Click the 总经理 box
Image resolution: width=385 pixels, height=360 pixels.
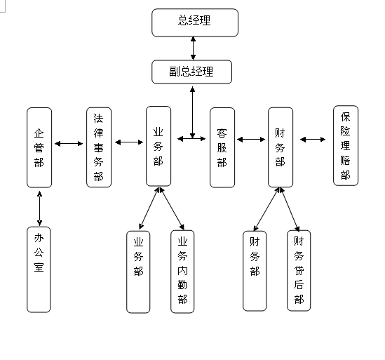coord(195,22)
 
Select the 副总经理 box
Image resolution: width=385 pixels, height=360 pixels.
coord(191,72)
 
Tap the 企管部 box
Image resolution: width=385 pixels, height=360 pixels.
coord(39,147)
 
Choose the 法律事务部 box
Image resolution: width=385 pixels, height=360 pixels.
coord(99,147)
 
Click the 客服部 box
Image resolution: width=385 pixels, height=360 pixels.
coord(222,147)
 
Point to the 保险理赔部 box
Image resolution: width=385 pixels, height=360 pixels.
coord(346,145)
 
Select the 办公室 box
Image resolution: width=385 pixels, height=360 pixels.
coord(39,269)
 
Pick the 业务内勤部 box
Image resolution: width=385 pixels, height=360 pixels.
coord(182,272)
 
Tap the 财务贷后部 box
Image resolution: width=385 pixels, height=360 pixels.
coord(299,271)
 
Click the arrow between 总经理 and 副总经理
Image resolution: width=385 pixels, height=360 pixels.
coord(194,48)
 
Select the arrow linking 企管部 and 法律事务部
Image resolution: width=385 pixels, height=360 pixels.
coord(69,143)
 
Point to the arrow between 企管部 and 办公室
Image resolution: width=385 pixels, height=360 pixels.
coord(39,208)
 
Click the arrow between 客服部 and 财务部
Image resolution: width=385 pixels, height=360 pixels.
coord(251,140)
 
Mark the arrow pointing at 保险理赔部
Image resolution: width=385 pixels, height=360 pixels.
coord(313,140)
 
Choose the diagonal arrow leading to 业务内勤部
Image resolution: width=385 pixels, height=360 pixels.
coord(172,208)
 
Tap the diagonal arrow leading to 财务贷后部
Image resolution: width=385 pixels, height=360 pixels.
coord(290,210)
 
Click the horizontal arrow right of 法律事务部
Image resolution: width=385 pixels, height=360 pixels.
coord(129,142)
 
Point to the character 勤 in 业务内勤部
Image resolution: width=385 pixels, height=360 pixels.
coord(182,285)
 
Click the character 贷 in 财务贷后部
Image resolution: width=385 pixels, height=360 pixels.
coord(299,270)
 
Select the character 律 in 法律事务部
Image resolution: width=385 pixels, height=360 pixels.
coord(99,133)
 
